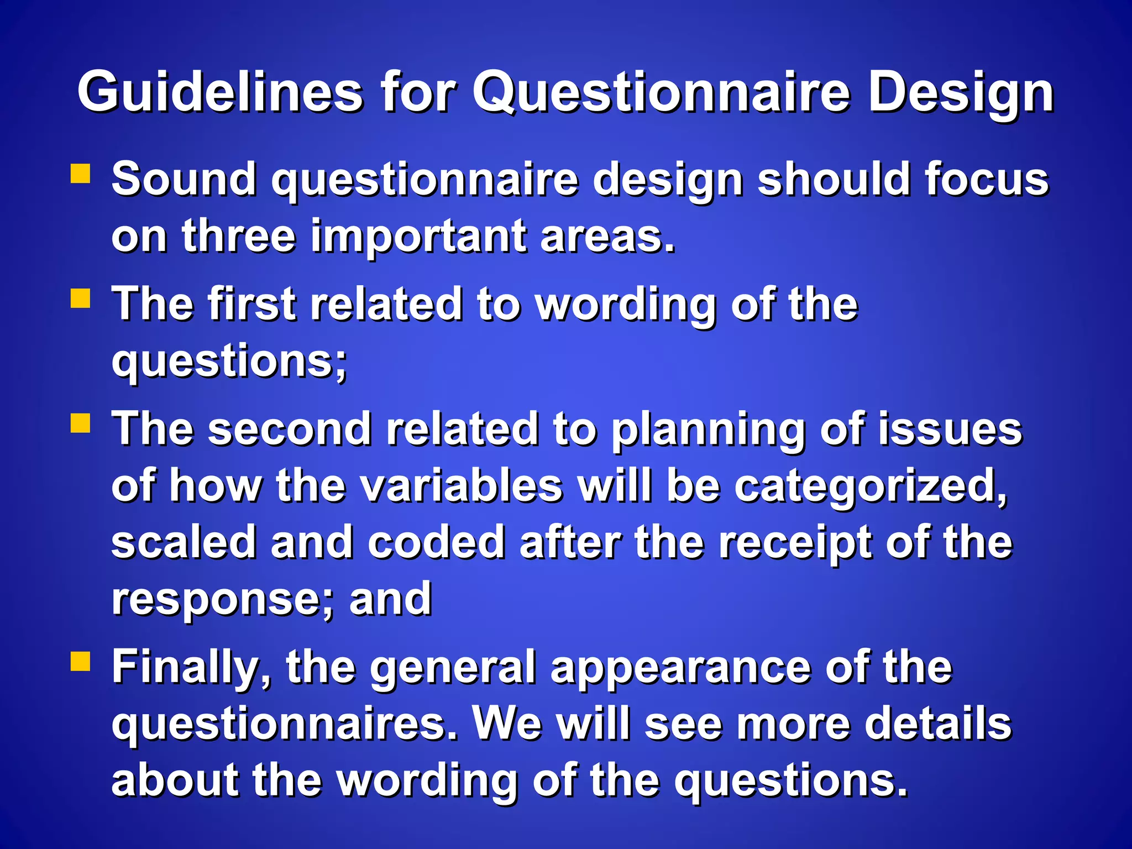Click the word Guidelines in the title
pos(220,92)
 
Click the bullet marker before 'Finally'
pos(81,661)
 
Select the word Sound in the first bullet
pos(184,179)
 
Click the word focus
pos(986,179)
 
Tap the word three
pos(239,236)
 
